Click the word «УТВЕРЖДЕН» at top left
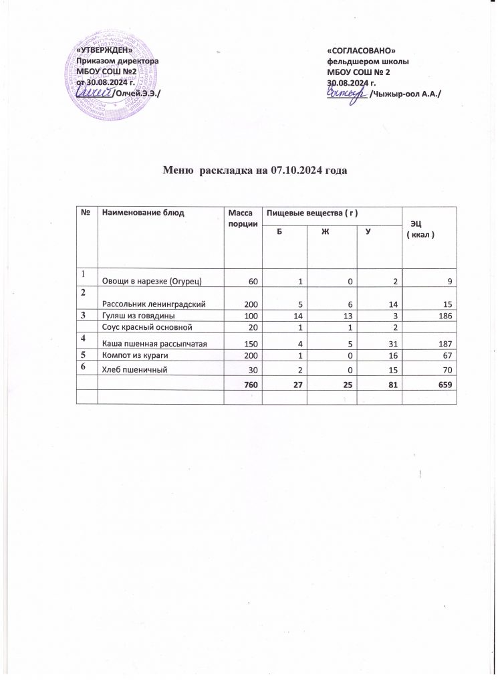tap(104, 51)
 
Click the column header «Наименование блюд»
tap(142, 213)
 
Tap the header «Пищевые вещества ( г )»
tap(309, 213)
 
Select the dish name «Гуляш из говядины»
tap(138, 315)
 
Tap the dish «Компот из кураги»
tap(136, 356)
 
